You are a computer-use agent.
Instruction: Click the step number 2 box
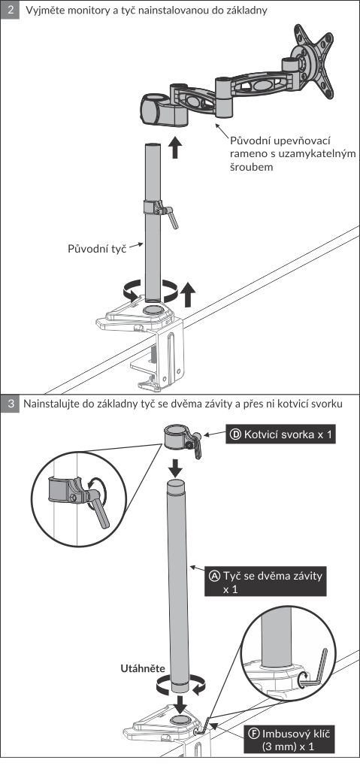[10, 10]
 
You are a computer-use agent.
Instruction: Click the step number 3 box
[10, 404]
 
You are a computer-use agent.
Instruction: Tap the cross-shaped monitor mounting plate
[313, 63]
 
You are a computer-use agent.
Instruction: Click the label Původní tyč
[97, 248]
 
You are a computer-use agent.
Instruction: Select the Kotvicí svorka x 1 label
[281, 434]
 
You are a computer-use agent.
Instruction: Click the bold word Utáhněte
[143, 668]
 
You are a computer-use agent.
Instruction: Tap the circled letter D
[235, 434]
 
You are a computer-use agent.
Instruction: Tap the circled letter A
[215, 576]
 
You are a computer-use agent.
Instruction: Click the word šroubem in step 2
[251, 167]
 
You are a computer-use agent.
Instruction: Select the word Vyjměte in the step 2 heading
[44, 10]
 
